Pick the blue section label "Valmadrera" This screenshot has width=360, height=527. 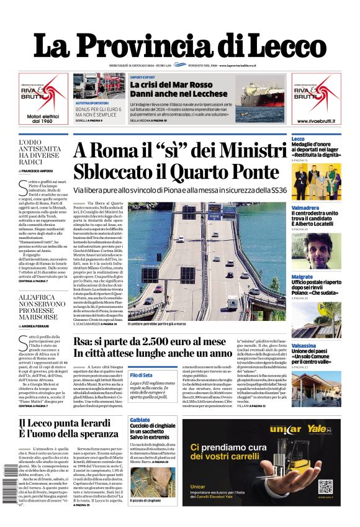(x=306, y=208)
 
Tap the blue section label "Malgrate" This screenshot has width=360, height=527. (x=302, y=277)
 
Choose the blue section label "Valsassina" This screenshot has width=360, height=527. (x=305, y=345)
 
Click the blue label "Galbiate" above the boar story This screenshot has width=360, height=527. (x=140, y=420)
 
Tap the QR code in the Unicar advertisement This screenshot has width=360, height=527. (x=326, y=486)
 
